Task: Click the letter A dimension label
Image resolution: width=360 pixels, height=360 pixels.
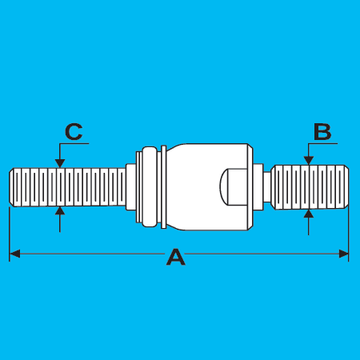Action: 176,257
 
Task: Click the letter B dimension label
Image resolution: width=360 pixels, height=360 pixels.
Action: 322,132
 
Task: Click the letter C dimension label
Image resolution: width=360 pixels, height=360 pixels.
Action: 74,132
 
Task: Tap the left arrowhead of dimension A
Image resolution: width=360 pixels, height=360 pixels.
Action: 14,254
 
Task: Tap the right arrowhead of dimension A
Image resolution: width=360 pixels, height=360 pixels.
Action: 343,254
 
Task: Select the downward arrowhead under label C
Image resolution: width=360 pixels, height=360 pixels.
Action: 60,163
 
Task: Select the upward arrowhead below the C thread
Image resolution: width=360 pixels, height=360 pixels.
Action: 60,210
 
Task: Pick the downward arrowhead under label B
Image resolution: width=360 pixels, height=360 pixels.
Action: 309,161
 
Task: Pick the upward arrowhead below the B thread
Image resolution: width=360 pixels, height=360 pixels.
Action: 309,214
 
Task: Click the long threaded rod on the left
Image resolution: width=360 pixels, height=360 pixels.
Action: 67,187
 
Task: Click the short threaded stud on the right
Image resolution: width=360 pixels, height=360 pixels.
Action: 310,187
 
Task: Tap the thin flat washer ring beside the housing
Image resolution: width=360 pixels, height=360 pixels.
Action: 164,187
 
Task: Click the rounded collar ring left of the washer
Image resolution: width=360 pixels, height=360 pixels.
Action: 150,186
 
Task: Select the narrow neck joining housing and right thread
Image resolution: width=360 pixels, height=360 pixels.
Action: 267,187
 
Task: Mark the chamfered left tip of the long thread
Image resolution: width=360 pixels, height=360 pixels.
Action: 11,187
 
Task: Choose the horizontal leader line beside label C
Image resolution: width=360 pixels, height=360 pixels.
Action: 74,144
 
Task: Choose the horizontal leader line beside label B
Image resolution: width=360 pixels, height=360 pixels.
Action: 322,144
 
